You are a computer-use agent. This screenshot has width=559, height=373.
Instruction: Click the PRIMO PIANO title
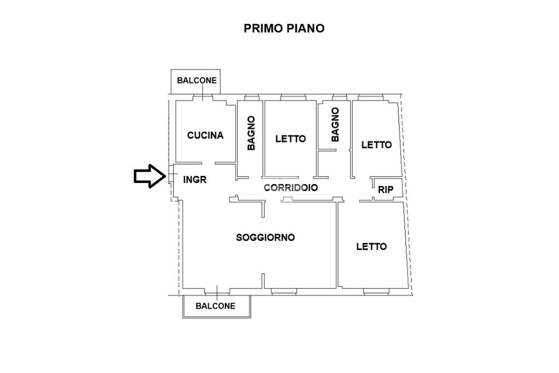click(284, 28)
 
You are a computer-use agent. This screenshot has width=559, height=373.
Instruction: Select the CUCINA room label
click(205, 135)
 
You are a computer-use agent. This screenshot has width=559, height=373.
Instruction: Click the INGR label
click(195, 179)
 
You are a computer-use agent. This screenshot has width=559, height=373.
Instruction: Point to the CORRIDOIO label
click(291, 187)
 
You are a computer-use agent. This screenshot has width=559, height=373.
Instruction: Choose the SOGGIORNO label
click(265, 238)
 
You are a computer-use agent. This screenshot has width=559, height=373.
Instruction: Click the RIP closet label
click(386, 190)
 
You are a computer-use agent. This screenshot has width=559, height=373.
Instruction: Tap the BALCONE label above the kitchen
click(197, 80)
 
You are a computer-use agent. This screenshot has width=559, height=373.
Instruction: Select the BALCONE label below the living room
click(216, 306)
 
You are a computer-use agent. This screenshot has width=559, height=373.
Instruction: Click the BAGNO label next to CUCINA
click(251, 133)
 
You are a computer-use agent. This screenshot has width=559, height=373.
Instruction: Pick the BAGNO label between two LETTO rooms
click(335, 125)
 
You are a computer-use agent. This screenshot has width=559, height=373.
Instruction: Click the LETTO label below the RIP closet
click(371, 247)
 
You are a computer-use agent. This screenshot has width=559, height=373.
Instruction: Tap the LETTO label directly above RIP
click(377, 145)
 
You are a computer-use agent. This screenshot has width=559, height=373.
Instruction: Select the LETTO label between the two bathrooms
click(290, 139)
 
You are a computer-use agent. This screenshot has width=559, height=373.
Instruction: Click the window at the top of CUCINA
click(203, 98)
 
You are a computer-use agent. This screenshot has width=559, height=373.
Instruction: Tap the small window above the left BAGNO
click(251, 98)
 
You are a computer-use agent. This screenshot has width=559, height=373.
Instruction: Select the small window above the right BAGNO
click(340, 98)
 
